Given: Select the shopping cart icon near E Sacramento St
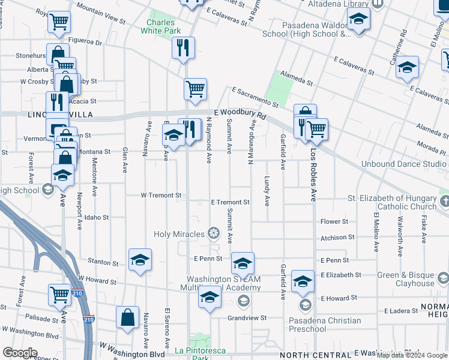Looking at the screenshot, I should coord(195,89).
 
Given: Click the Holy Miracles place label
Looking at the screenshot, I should coord(179,233).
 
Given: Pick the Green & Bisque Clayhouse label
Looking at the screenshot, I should coord(405,280).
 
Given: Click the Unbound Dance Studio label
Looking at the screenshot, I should coord(404,164).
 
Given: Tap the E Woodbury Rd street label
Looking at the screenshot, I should coord(240,113).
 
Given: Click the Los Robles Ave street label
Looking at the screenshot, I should coord(313,175).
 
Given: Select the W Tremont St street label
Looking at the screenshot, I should coord(161,196).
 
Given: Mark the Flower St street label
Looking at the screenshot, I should coord(334,221).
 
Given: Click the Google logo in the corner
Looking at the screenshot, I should coord(20,352).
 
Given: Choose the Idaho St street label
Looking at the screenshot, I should coord(96,217).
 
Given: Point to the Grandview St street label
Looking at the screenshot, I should coord(246,318).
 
